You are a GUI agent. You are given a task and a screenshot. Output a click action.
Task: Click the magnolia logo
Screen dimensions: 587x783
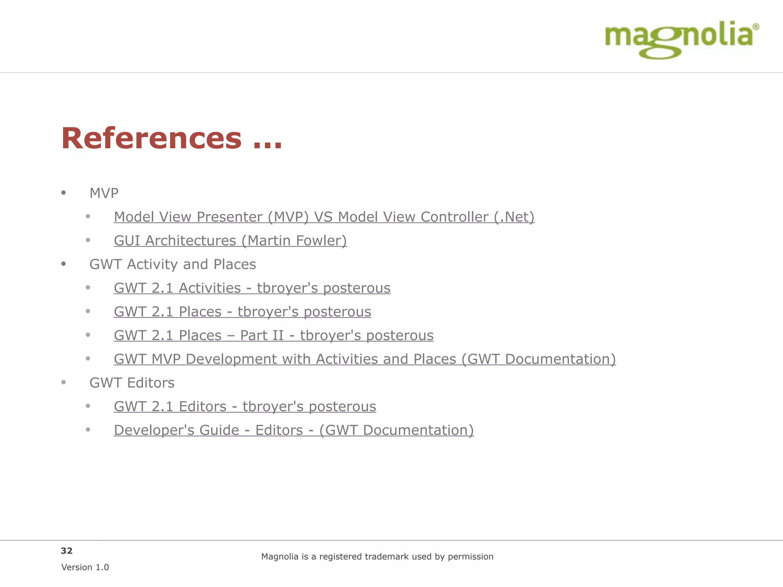(679, 38)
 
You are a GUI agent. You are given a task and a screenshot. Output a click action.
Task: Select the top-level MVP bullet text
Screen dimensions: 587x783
(104, 193)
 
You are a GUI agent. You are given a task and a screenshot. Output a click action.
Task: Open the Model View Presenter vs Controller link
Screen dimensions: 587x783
(324, 217)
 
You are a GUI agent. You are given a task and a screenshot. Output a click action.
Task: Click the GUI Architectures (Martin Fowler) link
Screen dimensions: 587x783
(230, 241)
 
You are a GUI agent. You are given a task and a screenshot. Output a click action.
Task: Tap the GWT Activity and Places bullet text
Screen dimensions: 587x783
(172, 264)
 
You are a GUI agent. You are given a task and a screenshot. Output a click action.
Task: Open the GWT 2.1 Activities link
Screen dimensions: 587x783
(252, 288)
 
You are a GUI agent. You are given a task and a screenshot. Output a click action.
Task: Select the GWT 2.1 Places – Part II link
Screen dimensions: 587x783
(273, 336)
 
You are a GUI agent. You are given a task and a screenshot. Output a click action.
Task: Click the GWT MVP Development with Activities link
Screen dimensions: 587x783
(365, 359)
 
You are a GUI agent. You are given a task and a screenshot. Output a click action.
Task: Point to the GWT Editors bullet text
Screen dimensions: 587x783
(132, 383)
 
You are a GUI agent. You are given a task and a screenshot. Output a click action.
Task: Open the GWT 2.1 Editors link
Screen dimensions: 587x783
(245, 407)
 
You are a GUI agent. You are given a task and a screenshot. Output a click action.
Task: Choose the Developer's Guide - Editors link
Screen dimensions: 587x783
(294, 430)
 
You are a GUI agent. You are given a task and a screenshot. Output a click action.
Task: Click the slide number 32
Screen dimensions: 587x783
(67, 551)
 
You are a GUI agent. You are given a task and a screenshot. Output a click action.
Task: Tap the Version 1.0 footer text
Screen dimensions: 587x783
(85, 568)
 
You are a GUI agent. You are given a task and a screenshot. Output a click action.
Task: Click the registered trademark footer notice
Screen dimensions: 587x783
(377, 557)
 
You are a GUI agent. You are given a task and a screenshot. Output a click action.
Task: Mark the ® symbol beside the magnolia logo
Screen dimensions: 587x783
(755, 27)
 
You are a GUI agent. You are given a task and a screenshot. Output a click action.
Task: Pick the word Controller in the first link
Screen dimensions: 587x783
(455, 217)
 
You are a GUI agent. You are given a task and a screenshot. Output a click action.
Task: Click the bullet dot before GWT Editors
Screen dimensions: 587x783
(63, 382)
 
